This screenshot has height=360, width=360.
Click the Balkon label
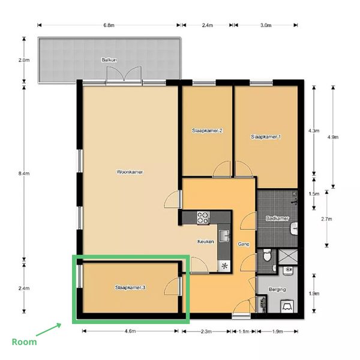[109, 60]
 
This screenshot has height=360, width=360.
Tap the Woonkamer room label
[130, 172]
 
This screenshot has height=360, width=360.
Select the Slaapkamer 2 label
[207, 131]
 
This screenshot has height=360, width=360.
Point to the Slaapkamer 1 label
[266, 137]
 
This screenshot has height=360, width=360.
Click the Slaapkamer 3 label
[130, 287]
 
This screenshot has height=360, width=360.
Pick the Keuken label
[206, 242]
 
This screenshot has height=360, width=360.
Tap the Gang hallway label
[244, 244]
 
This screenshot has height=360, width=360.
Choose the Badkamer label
[277, 218]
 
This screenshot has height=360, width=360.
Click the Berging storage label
[277, 290]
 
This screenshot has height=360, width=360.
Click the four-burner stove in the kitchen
[203, 217]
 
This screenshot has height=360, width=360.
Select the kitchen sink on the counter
[224, 236]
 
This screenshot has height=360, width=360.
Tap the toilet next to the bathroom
[267, 255]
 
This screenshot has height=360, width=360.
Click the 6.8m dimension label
[109, 25]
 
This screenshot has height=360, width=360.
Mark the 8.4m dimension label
[24, 173]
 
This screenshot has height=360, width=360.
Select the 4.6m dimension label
[130, 331]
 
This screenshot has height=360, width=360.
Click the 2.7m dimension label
[326, 219]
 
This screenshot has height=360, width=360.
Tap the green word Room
[25, 342]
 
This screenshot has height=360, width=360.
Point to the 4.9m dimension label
[333, 137]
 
